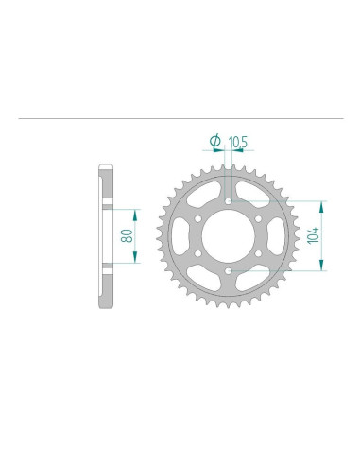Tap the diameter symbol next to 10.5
point(214,141)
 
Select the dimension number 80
point(126,235)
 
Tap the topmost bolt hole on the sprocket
point(230,200)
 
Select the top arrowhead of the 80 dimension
point(137,214)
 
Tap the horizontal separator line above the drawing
point(180,120)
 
